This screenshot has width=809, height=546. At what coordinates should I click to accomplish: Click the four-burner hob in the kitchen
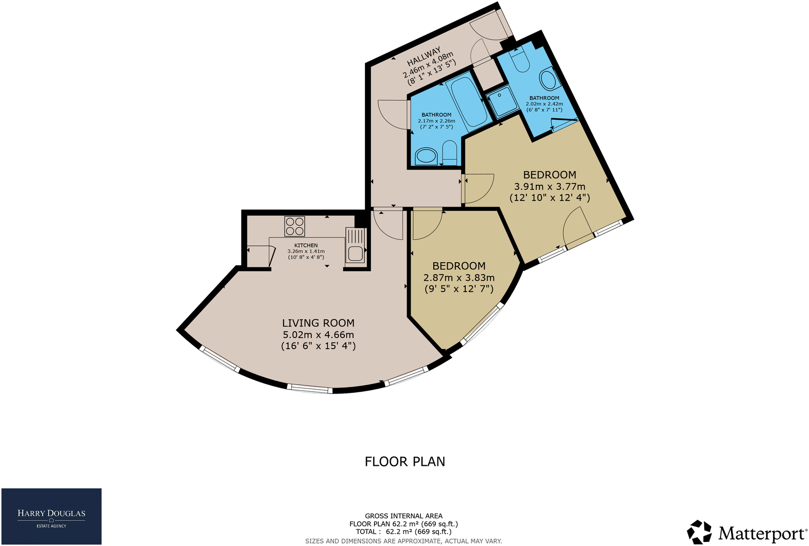point(294,226)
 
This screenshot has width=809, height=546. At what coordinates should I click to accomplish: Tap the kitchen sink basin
point(355,253)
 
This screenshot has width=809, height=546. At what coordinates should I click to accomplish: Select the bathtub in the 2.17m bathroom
point(467,100)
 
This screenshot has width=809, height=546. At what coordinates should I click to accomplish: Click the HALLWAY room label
point(424,56)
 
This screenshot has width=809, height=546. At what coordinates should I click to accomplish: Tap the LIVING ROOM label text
point(318,323)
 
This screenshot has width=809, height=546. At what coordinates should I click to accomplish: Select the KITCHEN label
point(306,245)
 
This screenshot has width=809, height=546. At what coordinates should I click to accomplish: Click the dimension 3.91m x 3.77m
point(550,187)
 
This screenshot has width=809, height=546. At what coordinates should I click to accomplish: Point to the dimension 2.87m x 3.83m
point(459,278)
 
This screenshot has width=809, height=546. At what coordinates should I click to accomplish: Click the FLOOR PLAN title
point(404,462)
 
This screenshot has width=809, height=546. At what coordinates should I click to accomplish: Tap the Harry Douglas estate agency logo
point(51,516)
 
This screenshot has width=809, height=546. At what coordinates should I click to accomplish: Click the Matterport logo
point(747,532)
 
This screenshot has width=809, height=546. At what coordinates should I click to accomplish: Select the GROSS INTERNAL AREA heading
point(403,516)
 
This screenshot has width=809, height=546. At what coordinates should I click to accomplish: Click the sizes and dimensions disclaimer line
point(403,541)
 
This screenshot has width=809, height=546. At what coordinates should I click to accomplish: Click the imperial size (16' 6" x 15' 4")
point(318,346)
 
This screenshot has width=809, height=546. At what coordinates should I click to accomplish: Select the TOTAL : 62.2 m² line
point(403,532)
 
